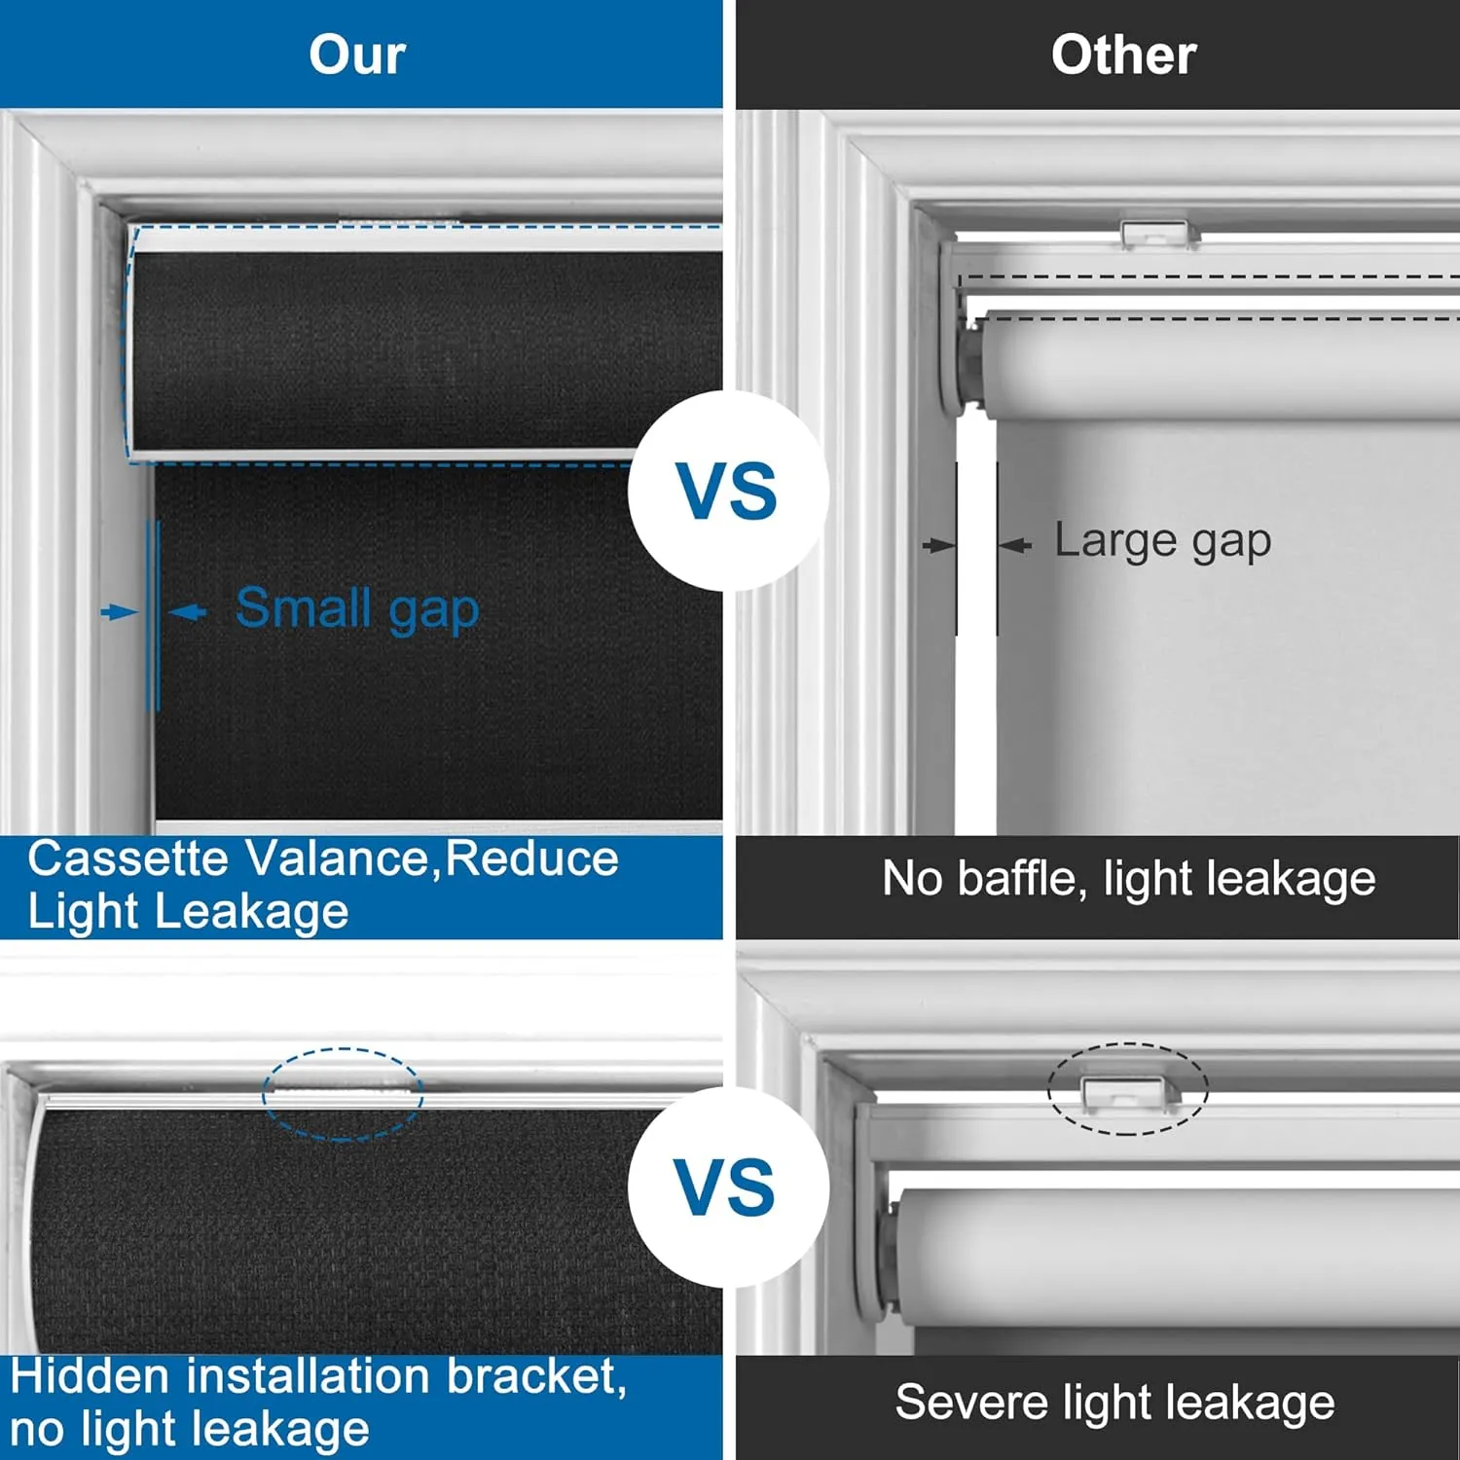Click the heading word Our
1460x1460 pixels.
coord(357,55)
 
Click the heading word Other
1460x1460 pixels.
coord(1123,55)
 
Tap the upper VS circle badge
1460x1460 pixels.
coord(728,491)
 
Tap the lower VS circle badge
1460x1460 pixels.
coord(728,1187)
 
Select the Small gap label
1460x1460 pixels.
coord(357,609)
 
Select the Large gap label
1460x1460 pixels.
coord(1163,541)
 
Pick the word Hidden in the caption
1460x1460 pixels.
coord(91,1376)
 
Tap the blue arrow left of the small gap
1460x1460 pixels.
coord(120,612)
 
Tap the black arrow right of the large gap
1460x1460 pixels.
coord(1014,545)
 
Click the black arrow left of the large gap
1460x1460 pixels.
coord(939,545)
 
